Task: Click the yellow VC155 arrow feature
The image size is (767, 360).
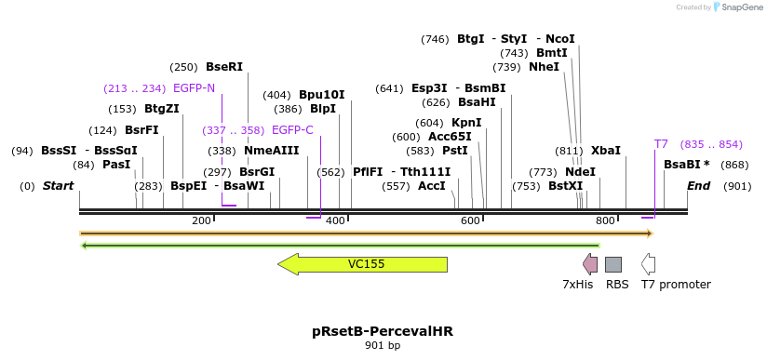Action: tap(363, 264)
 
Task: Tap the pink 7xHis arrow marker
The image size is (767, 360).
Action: tap(590, 264)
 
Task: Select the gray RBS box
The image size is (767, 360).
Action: tap(613, 264)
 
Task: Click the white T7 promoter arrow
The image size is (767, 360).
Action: tap(648, 264)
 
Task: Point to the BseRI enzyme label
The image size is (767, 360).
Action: tap(224, 67)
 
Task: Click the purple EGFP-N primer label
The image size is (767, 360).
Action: tap(194, 88)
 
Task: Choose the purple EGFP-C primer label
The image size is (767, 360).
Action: tap(292, 130)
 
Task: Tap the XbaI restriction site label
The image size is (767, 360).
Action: tap(605, 151)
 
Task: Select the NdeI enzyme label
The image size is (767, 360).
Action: tap(580, 172)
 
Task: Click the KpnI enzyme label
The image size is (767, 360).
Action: tap(466, 123)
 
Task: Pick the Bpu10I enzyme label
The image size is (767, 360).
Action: tap(321, 95)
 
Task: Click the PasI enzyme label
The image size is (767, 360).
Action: tap(116, 165)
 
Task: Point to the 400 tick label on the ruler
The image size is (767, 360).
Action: tap(336, 220)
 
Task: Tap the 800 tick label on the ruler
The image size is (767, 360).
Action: tap(605, 220)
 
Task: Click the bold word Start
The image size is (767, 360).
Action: tap(58, 186)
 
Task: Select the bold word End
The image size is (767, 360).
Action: tap(698, 186)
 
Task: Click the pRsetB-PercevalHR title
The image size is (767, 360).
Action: tap(383, 331)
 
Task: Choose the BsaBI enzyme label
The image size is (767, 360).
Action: tap(686, 165)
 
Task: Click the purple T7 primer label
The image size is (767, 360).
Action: tap(661, 144)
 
